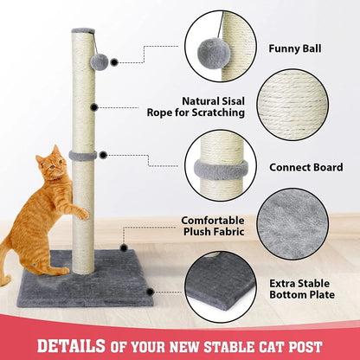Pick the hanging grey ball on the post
tap(100, 61)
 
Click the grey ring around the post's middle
tap(84, 157)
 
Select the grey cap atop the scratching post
tap(84, 32)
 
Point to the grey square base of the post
tap(97, 280)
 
